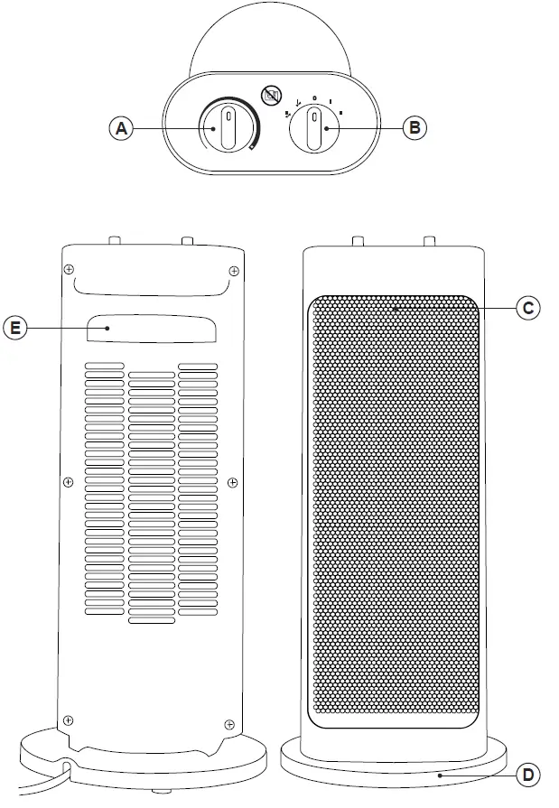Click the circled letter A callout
tap(121, 128)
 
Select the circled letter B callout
tap(414, 128)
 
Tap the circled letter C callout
tap(529, 308)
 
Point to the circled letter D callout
tap(529, 774)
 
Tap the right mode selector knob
tap(314, 129)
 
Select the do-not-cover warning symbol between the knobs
tap(268, 93)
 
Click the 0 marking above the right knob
tap(314, 98)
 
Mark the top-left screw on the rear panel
tap(69, 270)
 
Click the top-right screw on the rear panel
tap(233, 270)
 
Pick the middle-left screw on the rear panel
tap(69, 483)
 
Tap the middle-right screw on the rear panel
tap(232, 483)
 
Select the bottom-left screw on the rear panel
tap(69, 720)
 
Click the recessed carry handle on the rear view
tap(152, 329)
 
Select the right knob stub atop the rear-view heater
tap(186, 241)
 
